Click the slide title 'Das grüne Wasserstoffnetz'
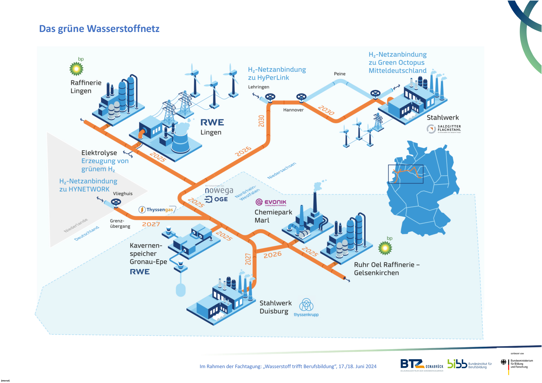(99, 29)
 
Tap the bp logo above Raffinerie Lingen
(76, 68)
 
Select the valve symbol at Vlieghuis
(116, 202)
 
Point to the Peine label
(340, 74)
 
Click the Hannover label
(293, 110)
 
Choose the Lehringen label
(259, 87)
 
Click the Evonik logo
(271, 202)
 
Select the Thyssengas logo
(157, 210)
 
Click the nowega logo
(219, 190)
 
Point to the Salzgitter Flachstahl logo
(444, 129)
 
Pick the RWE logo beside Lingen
(212, 123)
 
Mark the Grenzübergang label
(120, 224)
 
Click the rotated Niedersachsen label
(282, 171)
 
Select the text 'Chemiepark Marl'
(273, 216)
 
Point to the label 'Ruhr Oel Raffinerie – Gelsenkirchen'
(387, 269)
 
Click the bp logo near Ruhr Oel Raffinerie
(385, 247)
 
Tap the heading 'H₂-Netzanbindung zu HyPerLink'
(277, 73)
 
